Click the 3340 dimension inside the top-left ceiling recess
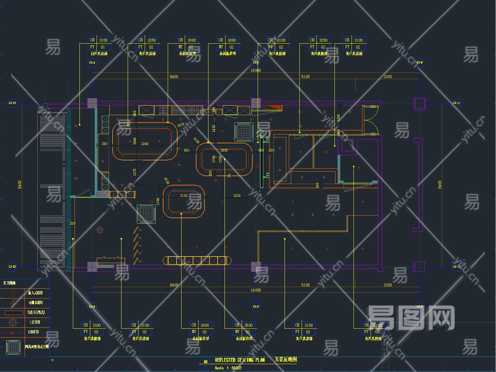(144, 144)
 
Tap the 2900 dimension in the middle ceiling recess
(224, 150)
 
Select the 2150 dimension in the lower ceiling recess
(183, 196)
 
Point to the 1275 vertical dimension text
(135, 172)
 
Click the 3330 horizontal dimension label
(237, 196)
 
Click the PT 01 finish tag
(99, 47)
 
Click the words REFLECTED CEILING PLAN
(240, 360)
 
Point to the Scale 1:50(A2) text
(228, 368)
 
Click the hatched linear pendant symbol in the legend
(13, 313)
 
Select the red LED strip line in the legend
(12, 333)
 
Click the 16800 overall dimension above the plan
(255, 71)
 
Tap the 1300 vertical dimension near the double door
(338, 117)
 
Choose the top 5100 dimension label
(305, 77)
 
